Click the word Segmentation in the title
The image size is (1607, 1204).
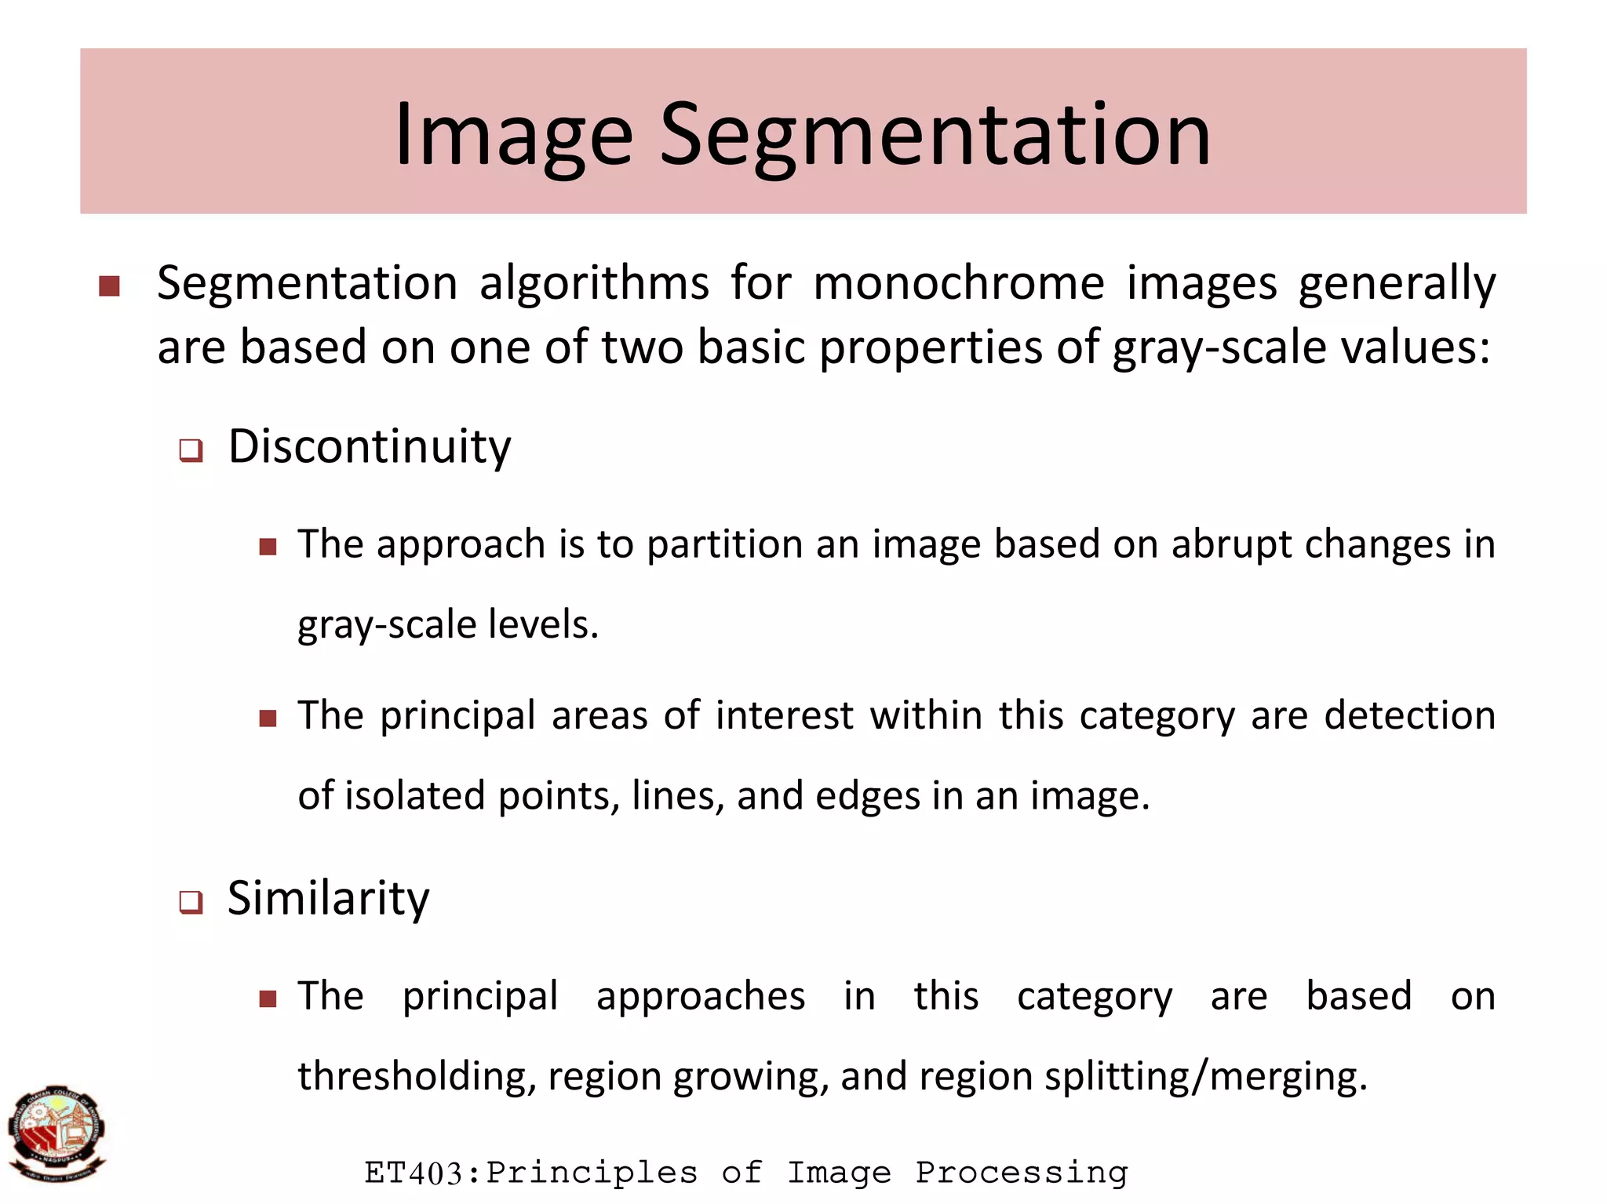tap(935, 135)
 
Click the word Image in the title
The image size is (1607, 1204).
tap(513, 135)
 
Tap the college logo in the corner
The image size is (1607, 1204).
tap(56, 1134)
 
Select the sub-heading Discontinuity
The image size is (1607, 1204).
tap(370, 446)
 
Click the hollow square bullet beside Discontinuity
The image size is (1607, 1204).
tap(191, 451)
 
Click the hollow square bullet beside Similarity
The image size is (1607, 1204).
tap(191, 902)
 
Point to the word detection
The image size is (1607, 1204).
tap(1409, 715)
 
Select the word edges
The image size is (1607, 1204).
tap(867, 797)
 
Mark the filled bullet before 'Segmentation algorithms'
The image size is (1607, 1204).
tap(110, 286)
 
